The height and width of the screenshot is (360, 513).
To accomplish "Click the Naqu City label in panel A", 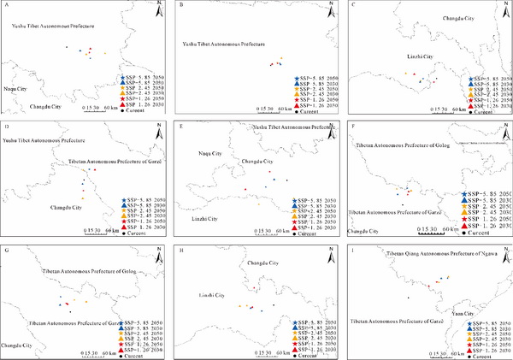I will pyautogui.click(x=16, y=87).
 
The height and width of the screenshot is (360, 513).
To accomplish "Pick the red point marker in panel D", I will pyautogui.click(x=94, y=170).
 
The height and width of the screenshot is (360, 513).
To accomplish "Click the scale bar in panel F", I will pyautogui.click(x=438, y=230).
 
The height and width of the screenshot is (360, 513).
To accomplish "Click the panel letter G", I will pyautogui.click(x=7, y=251).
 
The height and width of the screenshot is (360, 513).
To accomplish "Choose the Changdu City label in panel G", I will pyautogui.click(x=16, y=345).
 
